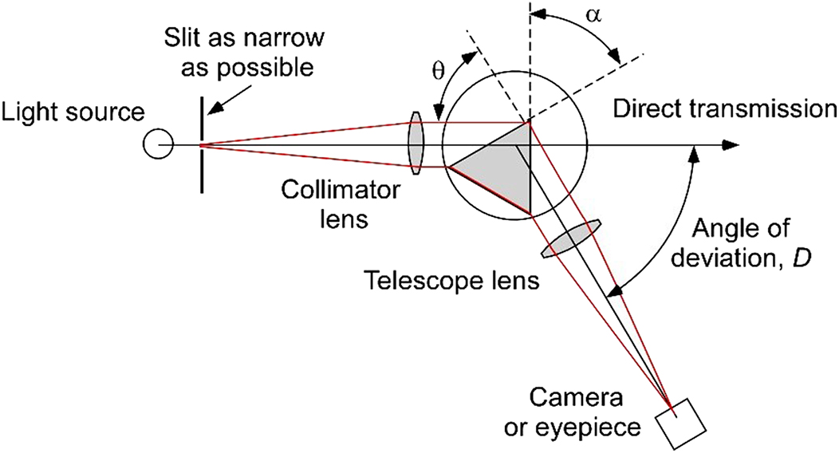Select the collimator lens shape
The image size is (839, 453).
[416, 144]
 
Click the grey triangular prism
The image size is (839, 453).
[501, 167]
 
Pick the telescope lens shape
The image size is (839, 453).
[570, 241]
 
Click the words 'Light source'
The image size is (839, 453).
[73, 112]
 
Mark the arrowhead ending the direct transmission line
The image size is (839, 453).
[731, 145]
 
